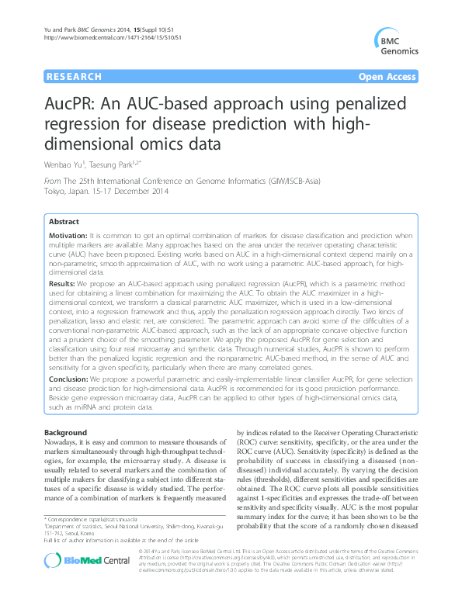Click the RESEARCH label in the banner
(x=74, y=77)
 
